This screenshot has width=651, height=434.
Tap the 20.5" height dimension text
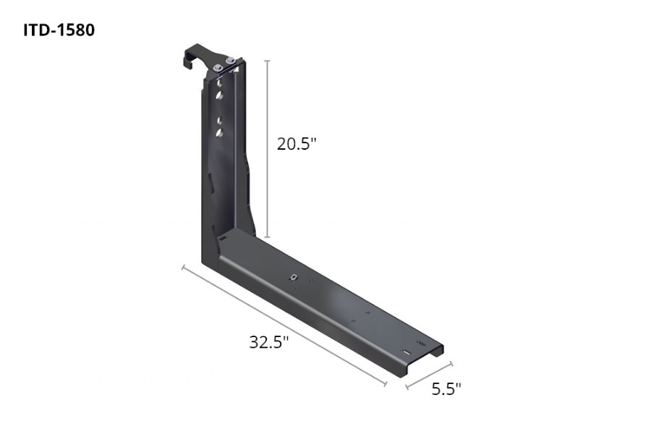coord(297,144)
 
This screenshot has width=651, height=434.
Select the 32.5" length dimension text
coord(269,341)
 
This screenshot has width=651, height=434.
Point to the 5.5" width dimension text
coord(446,389)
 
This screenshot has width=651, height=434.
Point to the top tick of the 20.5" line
coord(268,60)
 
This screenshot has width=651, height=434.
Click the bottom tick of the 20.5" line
coord(268,237)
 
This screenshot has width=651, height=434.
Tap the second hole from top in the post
coord(218,96)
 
